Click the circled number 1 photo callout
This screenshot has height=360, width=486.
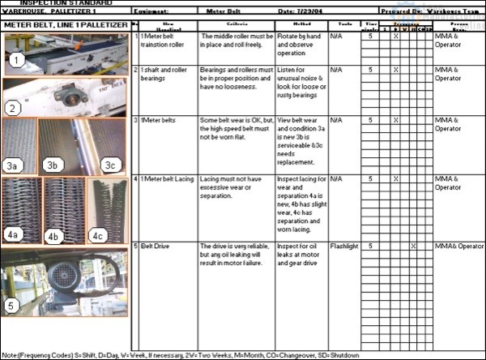(x=18, y=61)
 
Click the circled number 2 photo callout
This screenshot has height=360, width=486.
(x=13, y=107)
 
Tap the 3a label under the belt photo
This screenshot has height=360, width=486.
(x=13, y=165)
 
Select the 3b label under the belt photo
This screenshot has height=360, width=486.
(x=53, y=165)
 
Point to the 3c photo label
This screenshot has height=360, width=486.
(x=111, y=165)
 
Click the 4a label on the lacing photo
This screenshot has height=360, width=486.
(x=13, y=235)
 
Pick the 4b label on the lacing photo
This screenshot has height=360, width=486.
(x=53, y=237)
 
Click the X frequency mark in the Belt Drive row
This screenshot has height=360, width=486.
(x=413, y=246)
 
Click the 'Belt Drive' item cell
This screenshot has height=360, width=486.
(x=157, y=246)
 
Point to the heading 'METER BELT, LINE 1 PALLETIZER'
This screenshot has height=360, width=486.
(x=65, y=26)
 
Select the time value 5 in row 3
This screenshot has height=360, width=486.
(x=370, y=120)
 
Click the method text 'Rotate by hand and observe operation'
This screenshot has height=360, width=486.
(x=301, y=45)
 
